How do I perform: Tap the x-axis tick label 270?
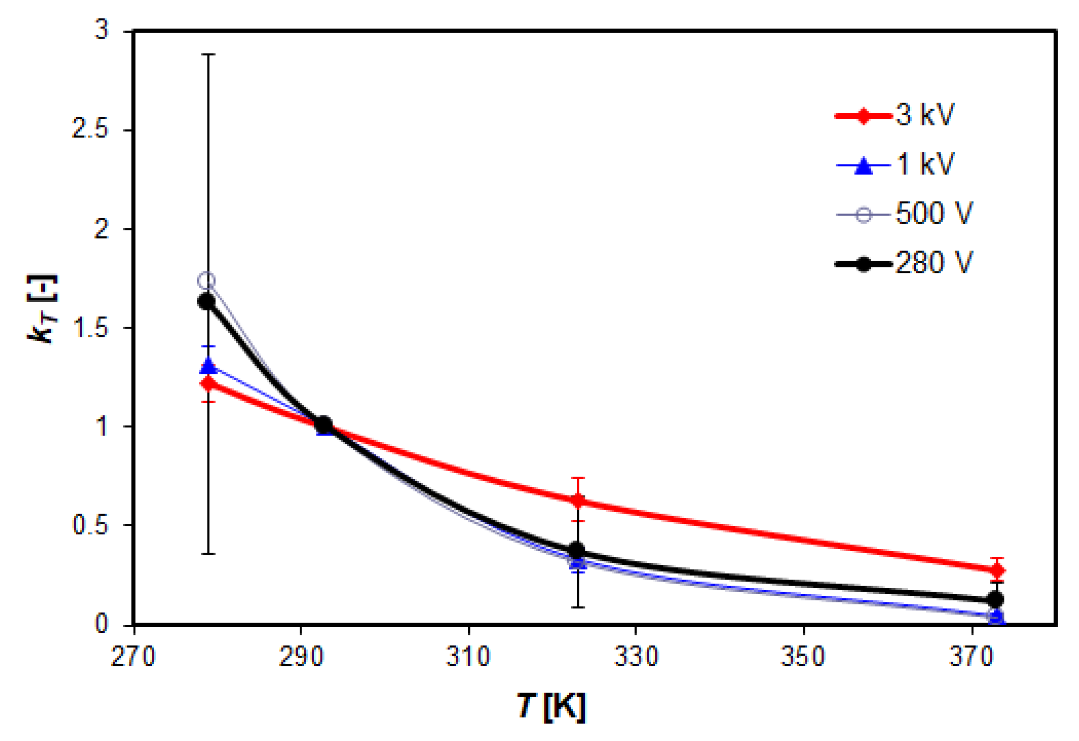(132, 657)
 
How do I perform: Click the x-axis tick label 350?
(803, 657)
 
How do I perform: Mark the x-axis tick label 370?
(971, 657)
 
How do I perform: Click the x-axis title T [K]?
(551, 707)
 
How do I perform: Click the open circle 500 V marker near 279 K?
(207, 281)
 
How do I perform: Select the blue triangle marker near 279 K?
(209, 366)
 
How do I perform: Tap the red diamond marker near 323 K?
(578, 501)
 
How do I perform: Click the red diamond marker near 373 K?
(997, 570)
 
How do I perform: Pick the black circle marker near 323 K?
(577, 550)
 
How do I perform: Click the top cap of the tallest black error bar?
(209, 54)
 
